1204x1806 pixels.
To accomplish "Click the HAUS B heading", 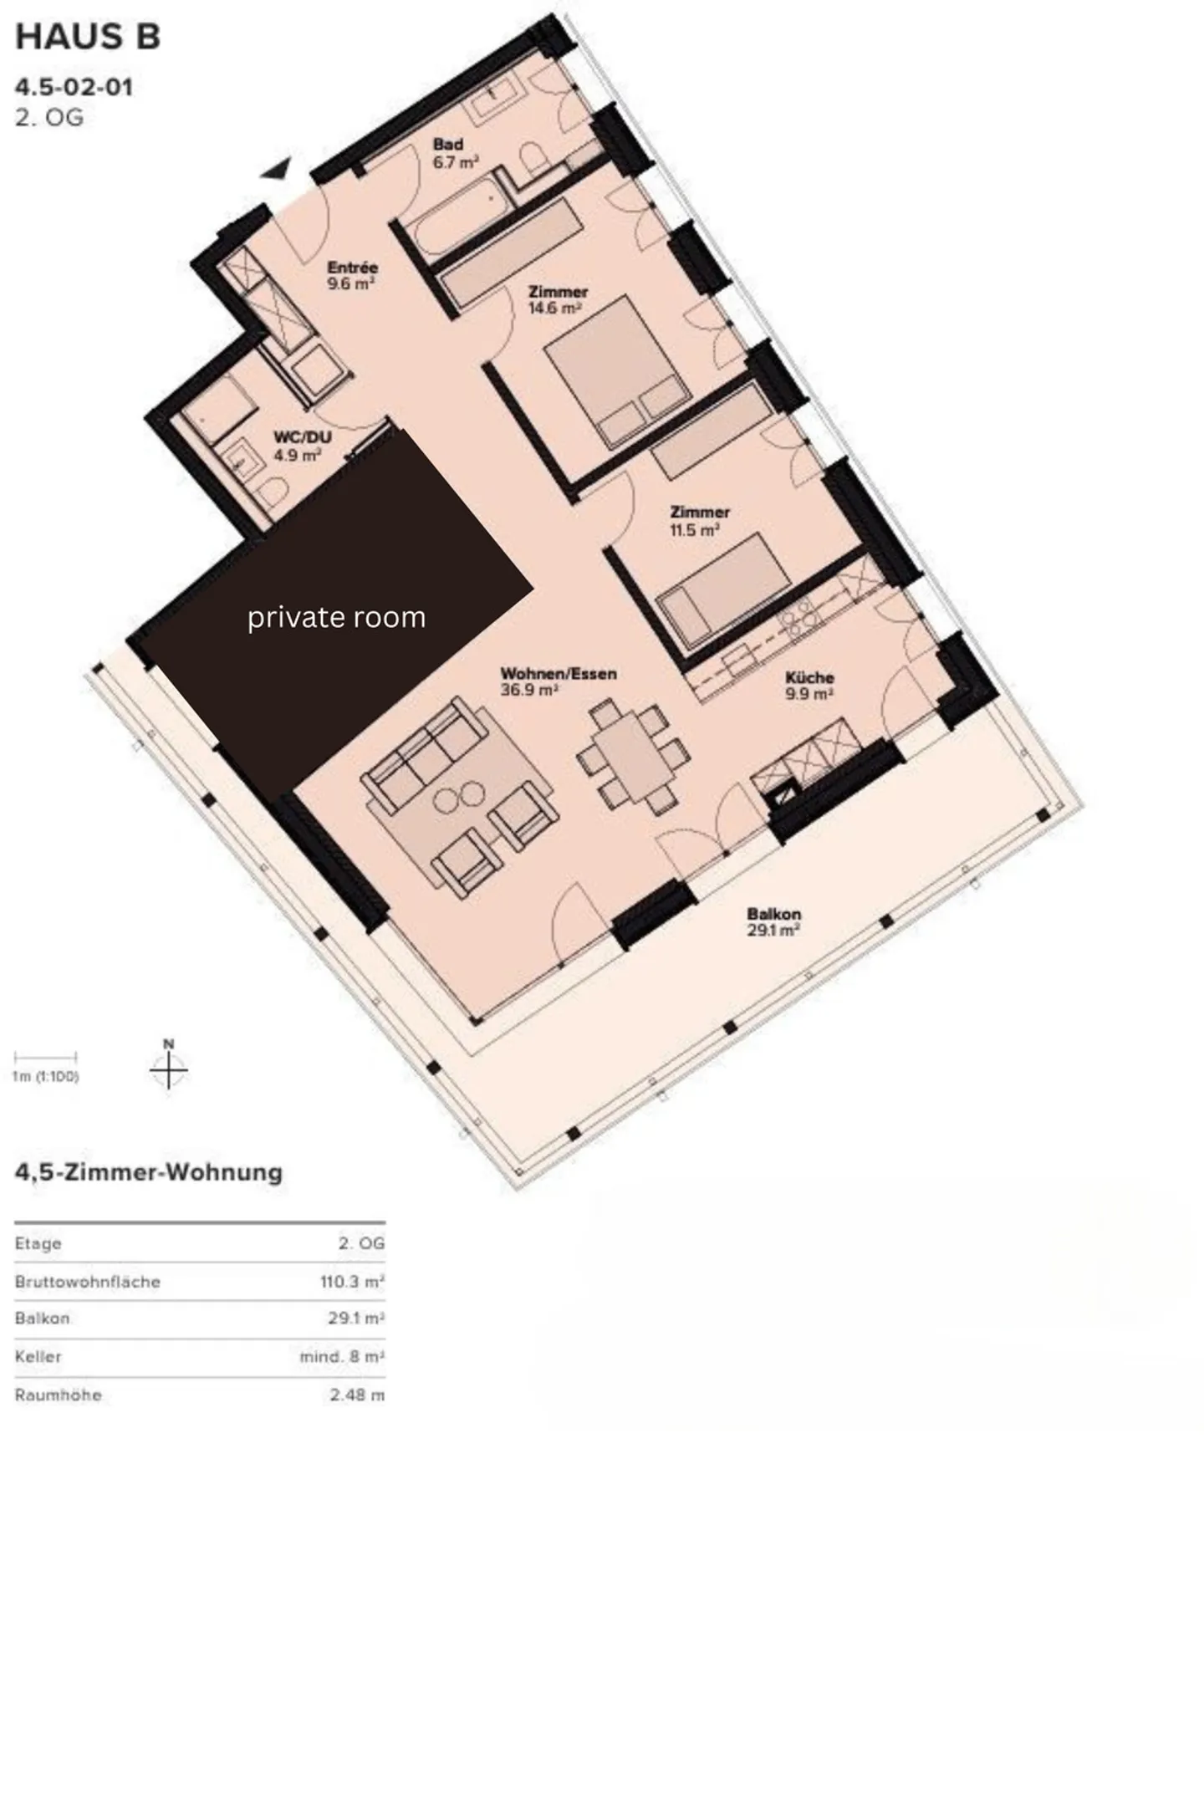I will coord(88,38).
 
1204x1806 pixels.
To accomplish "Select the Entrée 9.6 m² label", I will coord(351,275).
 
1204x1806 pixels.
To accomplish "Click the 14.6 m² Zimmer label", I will coord(557,299).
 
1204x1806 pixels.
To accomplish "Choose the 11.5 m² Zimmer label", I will coord(698,520).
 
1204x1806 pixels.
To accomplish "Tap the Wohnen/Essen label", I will coord(558,681).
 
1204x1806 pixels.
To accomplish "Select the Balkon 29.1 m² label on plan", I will coord(773,921).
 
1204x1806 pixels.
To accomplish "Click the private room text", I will coord(336,617).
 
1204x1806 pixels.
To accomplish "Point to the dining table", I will coord(633,757).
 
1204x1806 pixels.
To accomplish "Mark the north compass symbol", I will coord(169,1068).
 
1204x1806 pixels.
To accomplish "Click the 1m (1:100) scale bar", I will coord(45,1059).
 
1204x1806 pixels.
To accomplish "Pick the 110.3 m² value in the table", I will coord(352,1282).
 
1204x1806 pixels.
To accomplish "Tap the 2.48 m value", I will coord(357,1395).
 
